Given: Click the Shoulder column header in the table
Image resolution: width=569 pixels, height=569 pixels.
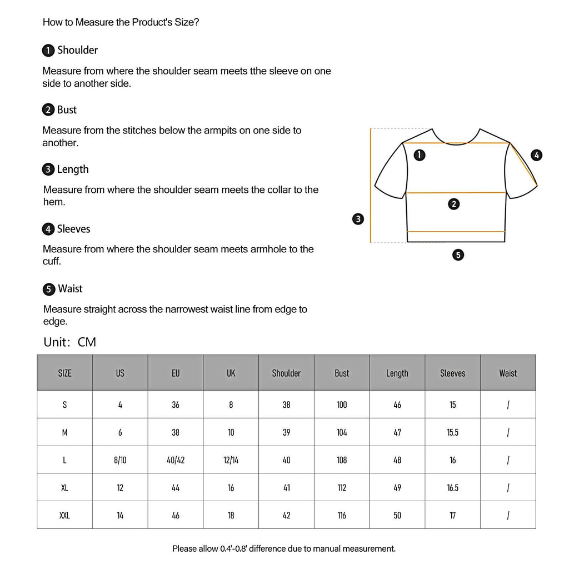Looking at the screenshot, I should tap(286, 373).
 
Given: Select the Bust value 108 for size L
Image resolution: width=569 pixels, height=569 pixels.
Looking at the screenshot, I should tap(342, 460).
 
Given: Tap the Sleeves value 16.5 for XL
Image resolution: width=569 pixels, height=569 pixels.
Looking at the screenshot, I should tap(452, 488).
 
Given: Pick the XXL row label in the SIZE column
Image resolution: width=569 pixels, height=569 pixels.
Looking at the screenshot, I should tap(64, 516).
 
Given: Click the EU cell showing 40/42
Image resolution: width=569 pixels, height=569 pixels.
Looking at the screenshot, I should tap(176, 460).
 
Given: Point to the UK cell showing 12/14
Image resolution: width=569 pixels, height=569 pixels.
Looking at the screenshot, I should tap(231, 460).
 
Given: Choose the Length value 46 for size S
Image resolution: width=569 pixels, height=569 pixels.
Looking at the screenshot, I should tap(397, 405).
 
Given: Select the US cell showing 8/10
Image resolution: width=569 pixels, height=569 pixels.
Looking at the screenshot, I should tap(120, 460).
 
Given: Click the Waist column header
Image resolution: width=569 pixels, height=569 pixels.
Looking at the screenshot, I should tap(508, 373).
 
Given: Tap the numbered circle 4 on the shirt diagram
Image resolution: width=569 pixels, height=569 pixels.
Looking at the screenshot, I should tap(536, 155).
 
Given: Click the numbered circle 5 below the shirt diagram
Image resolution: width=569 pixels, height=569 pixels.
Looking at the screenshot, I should tap(458, 255).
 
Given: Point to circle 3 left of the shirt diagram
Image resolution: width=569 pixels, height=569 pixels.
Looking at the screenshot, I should tap(358, 219).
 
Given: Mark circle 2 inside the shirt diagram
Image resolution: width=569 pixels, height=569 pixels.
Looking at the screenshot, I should tap(454, 204).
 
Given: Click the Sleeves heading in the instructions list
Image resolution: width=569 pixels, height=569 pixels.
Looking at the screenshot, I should tap(73, 229).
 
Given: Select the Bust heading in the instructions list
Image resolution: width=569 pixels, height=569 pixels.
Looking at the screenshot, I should tap(67, 109).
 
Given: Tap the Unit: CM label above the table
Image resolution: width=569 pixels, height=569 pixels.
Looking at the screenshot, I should tap(70, 342).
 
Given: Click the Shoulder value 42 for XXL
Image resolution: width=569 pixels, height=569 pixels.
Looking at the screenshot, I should tap(286, 516).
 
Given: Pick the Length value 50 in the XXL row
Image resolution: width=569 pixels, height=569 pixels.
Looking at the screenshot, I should tap(397, 516).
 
